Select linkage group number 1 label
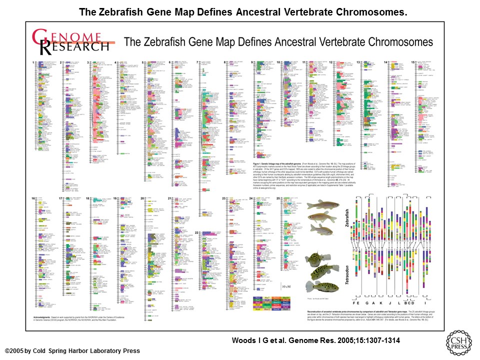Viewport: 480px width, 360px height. (33, 62)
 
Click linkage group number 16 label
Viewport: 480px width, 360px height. (33, 198)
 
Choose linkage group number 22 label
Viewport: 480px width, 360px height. (197, 233)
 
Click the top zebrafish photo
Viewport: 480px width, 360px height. (319, 204)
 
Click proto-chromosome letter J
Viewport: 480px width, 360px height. (390, 304)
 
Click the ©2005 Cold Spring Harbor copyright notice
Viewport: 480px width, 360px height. (72, 351)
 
